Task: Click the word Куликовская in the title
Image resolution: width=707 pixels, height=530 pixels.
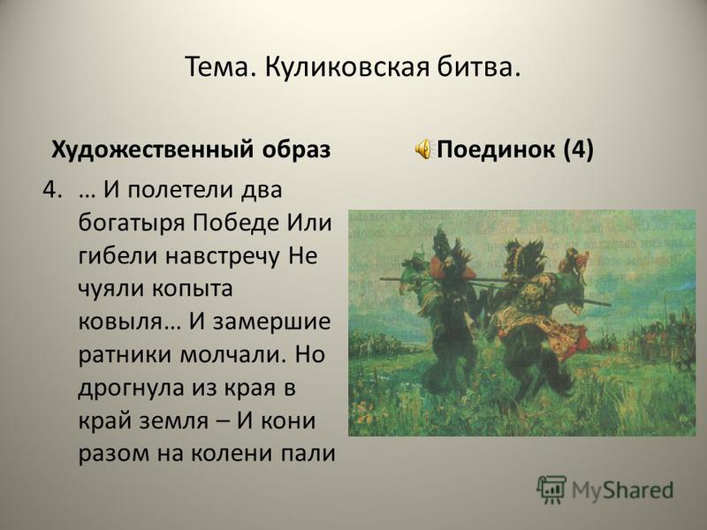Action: [345, 67]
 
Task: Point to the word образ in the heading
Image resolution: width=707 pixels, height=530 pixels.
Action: [296, 148]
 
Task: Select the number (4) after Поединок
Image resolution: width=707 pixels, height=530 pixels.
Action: [579, 149]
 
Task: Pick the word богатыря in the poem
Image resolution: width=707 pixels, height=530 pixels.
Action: [132, 223]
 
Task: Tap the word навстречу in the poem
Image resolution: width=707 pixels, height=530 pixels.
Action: [223, 256]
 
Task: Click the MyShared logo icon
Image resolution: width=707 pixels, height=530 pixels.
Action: [551, 489]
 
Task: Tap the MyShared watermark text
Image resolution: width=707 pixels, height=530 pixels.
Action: [622, 490]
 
